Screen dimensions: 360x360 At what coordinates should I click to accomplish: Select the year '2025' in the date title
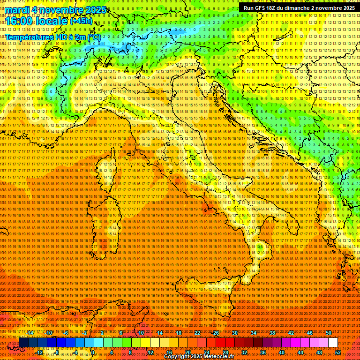(94, 10)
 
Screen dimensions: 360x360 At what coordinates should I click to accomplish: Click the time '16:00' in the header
(19, 22)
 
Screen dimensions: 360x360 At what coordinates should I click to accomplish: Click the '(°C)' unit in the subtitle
(94, 37)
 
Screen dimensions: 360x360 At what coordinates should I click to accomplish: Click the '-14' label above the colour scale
(30, 332)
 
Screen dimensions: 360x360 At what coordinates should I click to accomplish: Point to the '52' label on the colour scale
(338, 352)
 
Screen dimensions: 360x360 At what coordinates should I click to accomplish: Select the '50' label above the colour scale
(329, 332)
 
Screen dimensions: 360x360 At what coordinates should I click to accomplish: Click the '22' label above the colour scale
(197, 332)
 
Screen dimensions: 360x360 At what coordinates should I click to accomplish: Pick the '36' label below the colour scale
(262, 352)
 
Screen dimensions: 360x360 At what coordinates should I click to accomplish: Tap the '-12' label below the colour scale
(39, 352)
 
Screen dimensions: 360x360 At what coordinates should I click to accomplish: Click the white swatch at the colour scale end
(333, 343)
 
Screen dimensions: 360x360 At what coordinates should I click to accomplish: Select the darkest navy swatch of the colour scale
(23, 343)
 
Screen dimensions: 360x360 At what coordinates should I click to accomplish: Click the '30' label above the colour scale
(234, 332)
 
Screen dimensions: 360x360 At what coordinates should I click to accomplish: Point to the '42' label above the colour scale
(291, 332)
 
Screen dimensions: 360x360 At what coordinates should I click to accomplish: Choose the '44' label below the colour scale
(300, 352)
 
